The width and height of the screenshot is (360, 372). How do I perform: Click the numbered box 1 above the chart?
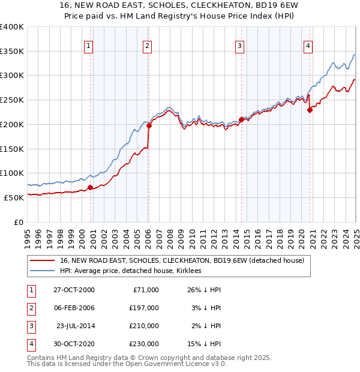click(89, 45)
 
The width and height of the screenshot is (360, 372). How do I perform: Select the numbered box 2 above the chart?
click(147, 45)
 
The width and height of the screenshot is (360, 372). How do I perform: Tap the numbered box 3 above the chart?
click(239, 45)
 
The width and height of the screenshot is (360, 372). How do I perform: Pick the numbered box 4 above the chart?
click(307, 45)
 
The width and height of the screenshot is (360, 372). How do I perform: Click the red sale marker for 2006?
click(148, 126)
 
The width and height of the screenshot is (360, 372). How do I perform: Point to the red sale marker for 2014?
click(241, 119)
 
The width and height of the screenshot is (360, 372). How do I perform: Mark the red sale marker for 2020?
click(310, 110)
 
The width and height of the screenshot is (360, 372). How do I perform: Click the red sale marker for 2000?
click(91, 187)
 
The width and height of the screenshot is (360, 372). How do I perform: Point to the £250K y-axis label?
click(12, 100)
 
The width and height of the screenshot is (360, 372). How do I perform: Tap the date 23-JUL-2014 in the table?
click(76, 326)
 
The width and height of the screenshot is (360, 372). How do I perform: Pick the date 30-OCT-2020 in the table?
click(74, 344)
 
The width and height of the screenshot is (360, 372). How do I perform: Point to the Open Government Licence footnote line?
click(127, 364)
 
